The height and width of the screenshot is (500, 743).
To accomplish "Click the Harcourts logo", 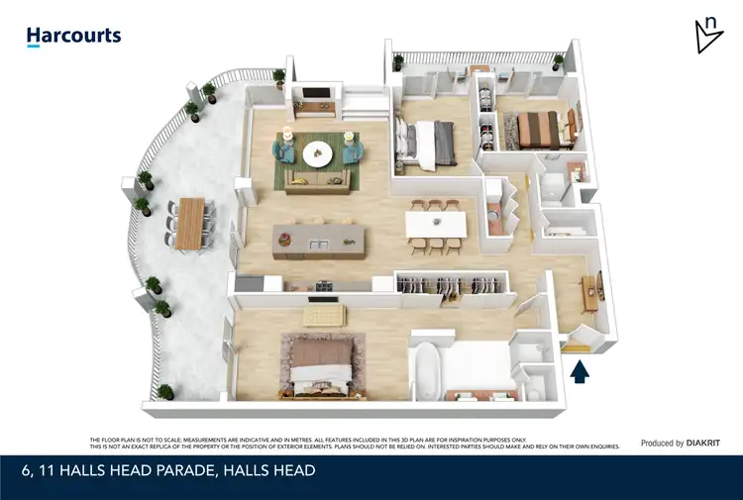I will point(73,37).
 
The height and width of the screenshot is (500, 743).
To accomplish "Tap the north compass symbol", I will point(708,36).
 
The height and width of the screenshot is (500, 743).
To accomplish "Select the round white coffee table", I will point(318,152).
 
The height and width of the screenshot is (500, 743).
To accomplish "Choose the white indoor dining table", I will point(436,225).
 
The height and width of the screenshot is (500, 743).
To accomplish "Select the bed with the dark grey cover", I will point(428,139).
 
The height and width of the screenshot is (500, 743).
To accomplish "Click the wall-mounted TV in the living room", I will point(315,95).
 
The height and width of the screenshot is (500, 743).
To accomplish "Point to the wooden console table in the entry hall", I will point(594,287).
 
